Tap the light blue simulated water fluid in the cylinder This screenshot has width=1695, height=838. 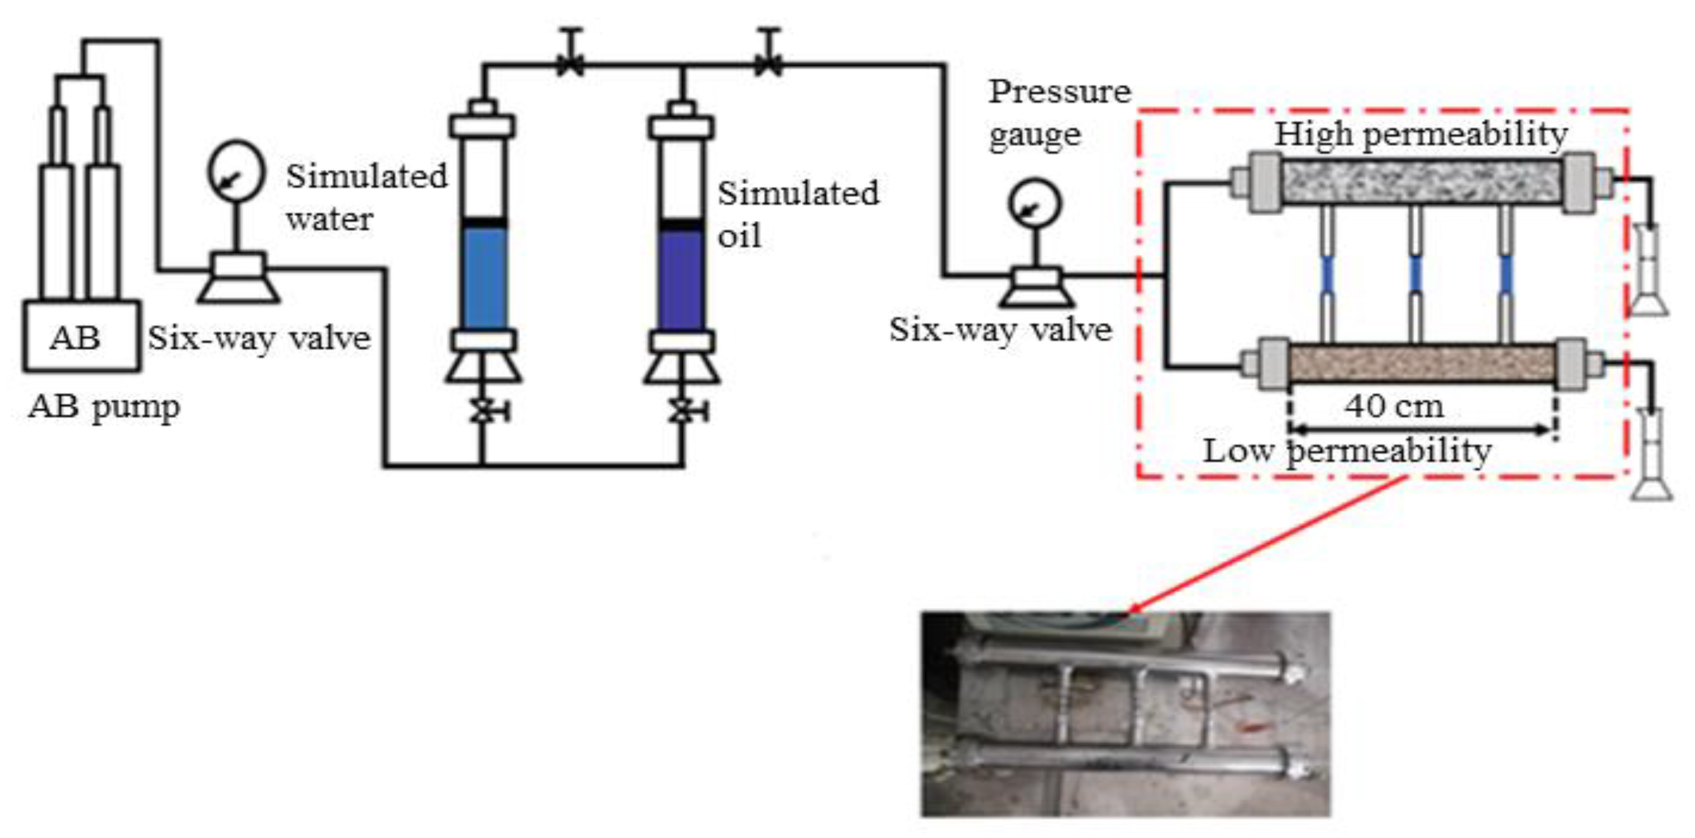coord(484,277)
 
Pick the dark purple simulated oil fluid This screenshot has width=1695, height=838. coord(682,280)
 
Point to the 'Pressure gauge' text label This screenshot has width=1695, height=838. coord(1058,113)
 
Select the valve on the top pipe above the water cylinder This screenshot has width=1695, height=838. coord(570,63)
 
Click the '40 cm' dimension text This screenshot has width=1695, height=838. coord(1393,406)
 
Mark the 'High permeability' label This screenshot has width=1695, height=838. coord(1422,135)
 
